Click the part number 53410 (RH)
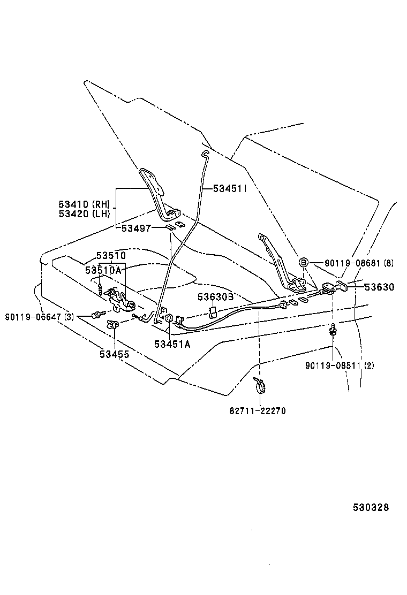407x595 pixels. click(84, 204)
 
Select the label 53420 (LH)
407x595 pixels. click(84, 214)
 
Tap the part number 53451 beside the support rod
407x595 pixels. click(228, 188)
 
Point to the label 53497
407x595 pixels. click(135, 228)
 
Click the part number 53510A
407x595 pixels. click(103, 271)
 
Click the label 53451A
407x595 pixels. click(172, 344)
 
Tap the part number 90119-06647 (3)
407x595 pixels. click(40, 317)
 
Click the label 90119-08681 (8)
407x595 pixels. click(359, 263)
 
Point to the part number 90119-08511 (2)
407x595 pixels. click(340, 366)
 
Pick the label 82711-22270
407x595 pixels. click(258, 411)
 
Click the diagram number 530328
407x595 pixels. click(370, 507)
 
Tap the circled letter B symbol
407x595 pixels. click(303, 262)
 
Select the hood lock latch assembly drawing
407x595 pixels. click(120, 300)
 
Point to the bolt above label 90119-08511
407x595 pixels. click(333, 330)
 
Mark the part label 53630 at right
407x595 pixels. click(379, 287)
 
